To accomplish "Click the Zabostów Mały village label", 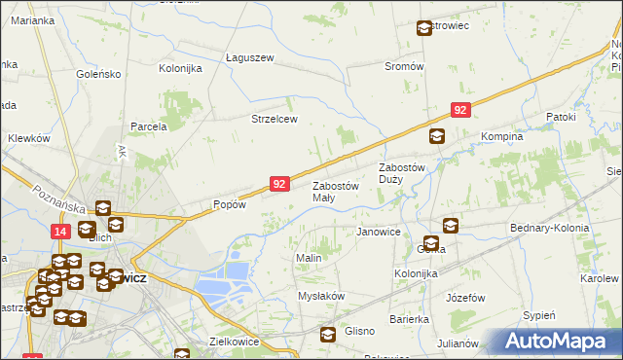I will pos(336,191).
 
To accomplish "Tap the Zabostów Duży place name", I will pos(404,172).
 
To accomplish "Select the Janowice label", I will pos(379,232).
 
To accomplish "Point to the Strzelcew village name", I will pos(274,119).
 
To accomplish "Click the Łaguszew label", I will pos(250,57).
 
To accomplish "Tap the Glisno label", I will pos(359,331).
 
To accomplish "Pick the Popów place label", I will pos(229,205).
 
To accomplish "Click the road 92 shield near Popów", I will pos(279,183).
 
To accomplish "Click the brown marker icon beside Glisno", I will pos(328,334).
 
